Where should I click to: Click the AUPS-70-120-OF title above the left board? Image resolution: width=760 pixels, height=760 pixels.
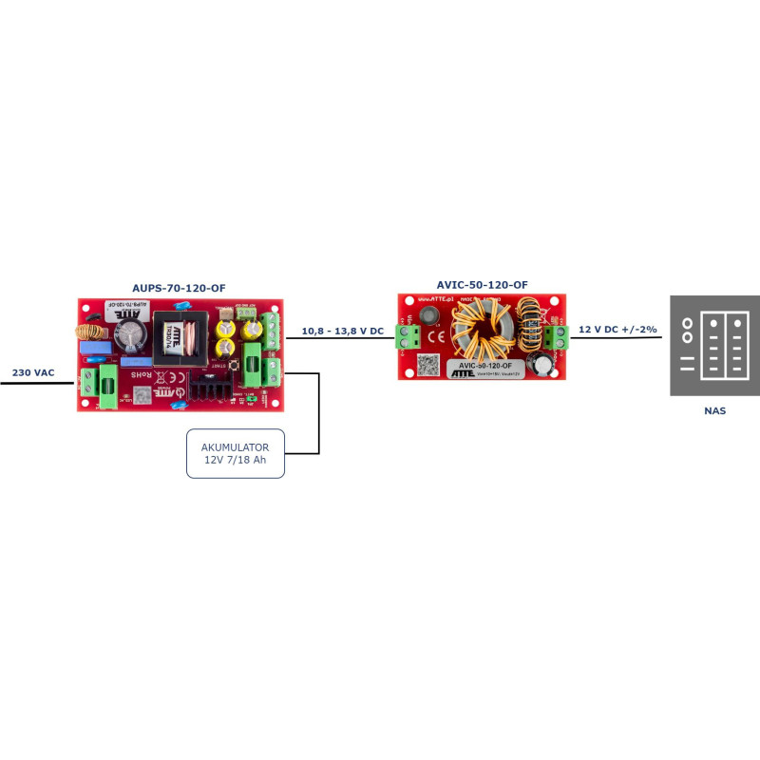click(179, 287)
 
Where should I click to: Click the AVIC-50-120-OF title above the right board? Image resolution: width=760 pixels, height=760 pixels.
click(482, 284)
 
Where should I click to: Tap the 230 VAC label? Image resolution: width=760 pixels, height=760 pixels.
click(32, 372)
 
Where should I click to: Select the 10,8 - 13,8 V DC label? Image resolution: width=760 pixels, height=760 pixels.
click(342, 331)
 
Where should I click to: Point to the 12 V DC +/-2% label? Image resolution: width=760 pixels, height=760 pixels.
click(618, 329)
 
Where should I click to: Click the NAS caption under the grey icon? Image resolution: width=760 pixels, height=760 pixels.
click(716, 411)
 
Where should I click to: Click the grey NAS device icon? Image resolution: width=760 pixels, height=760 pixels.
click(716, 346)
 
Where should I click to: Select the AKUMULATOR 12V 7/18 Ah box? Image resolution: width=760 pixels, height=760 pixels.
click(236, 453)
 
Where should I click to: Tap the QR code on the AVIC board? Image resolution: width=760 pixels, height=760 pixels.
click(427, 364)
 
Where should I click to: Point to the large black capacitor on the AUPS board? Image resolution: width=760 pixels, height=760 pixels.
click(131, 335)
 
